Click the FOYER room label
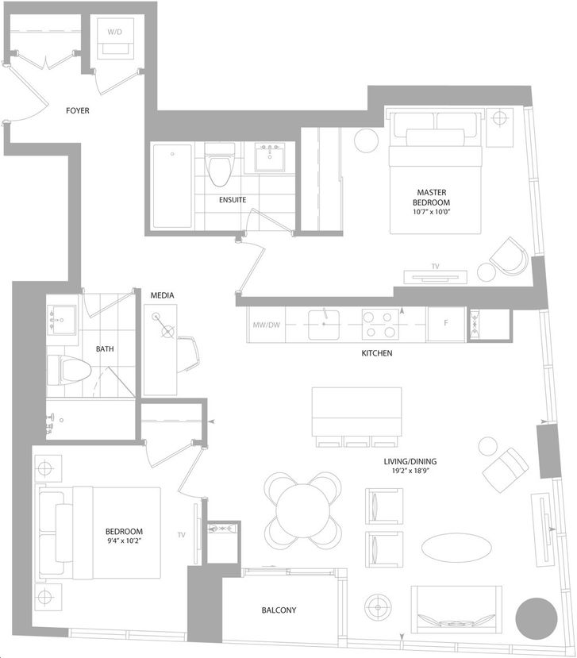[x=78, y=111]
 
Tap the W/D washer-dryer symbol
[x=115, y=38]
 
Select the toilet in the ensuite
[x=220, y=164]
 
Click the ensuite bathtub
[x=172, y=186]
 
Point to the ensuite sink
[x=270, y=157]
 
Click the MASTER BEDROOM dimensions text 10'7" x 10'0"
[x=432, y=212]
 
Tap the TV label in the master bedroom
[x=435, y=267]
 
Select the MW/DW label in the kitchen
[x=266, y=325]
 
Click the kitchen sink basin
[x=324, y=325]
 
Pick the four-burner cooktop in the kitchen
[x=380, y=325]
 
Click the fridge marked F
[x=446, y=325]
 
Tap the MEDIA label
[x=162, y=295]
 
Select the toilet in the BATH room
[x=69, y=371]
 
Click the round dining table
[x=303, y=510]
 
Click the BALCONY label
[x=279, y=610]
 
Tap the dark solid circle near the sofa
[x=537, y=618]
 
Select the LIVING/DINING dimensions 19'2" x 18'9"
[x=410, y=471]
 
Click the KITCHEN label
[x=377, y=353]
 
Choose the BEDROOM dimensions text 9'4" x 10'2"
[x=124, y=541]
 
